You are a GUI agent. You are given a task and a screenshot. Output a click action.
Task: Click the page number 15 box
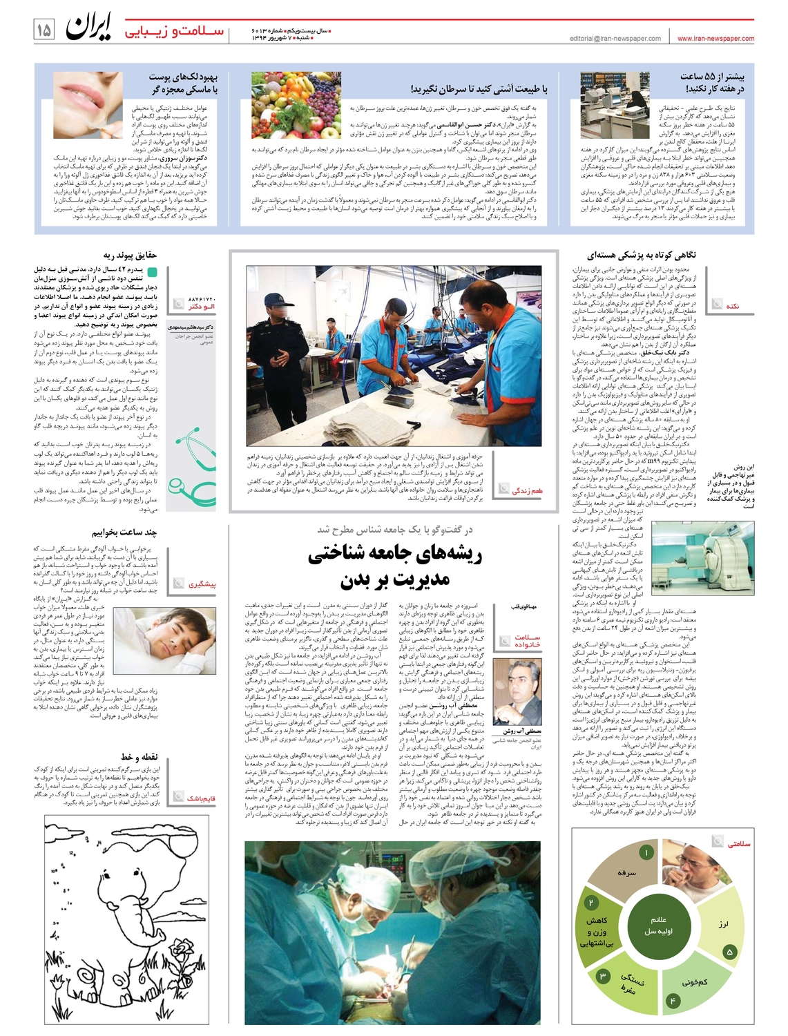(x=44, y=30)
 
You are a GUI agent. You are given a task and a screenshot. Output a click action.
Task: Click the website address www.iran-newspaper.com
(x=715, y=39)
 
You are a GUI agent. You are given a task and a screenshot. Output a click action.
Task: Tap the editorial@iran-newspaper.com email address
(x=615, y=39)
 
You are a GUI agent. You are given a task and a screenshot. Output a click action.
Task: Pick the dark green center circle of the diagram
(x=658, y=925)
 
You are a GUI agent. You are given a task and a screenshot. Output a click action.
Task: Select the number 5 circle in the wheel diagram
(x=729, y=952)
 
